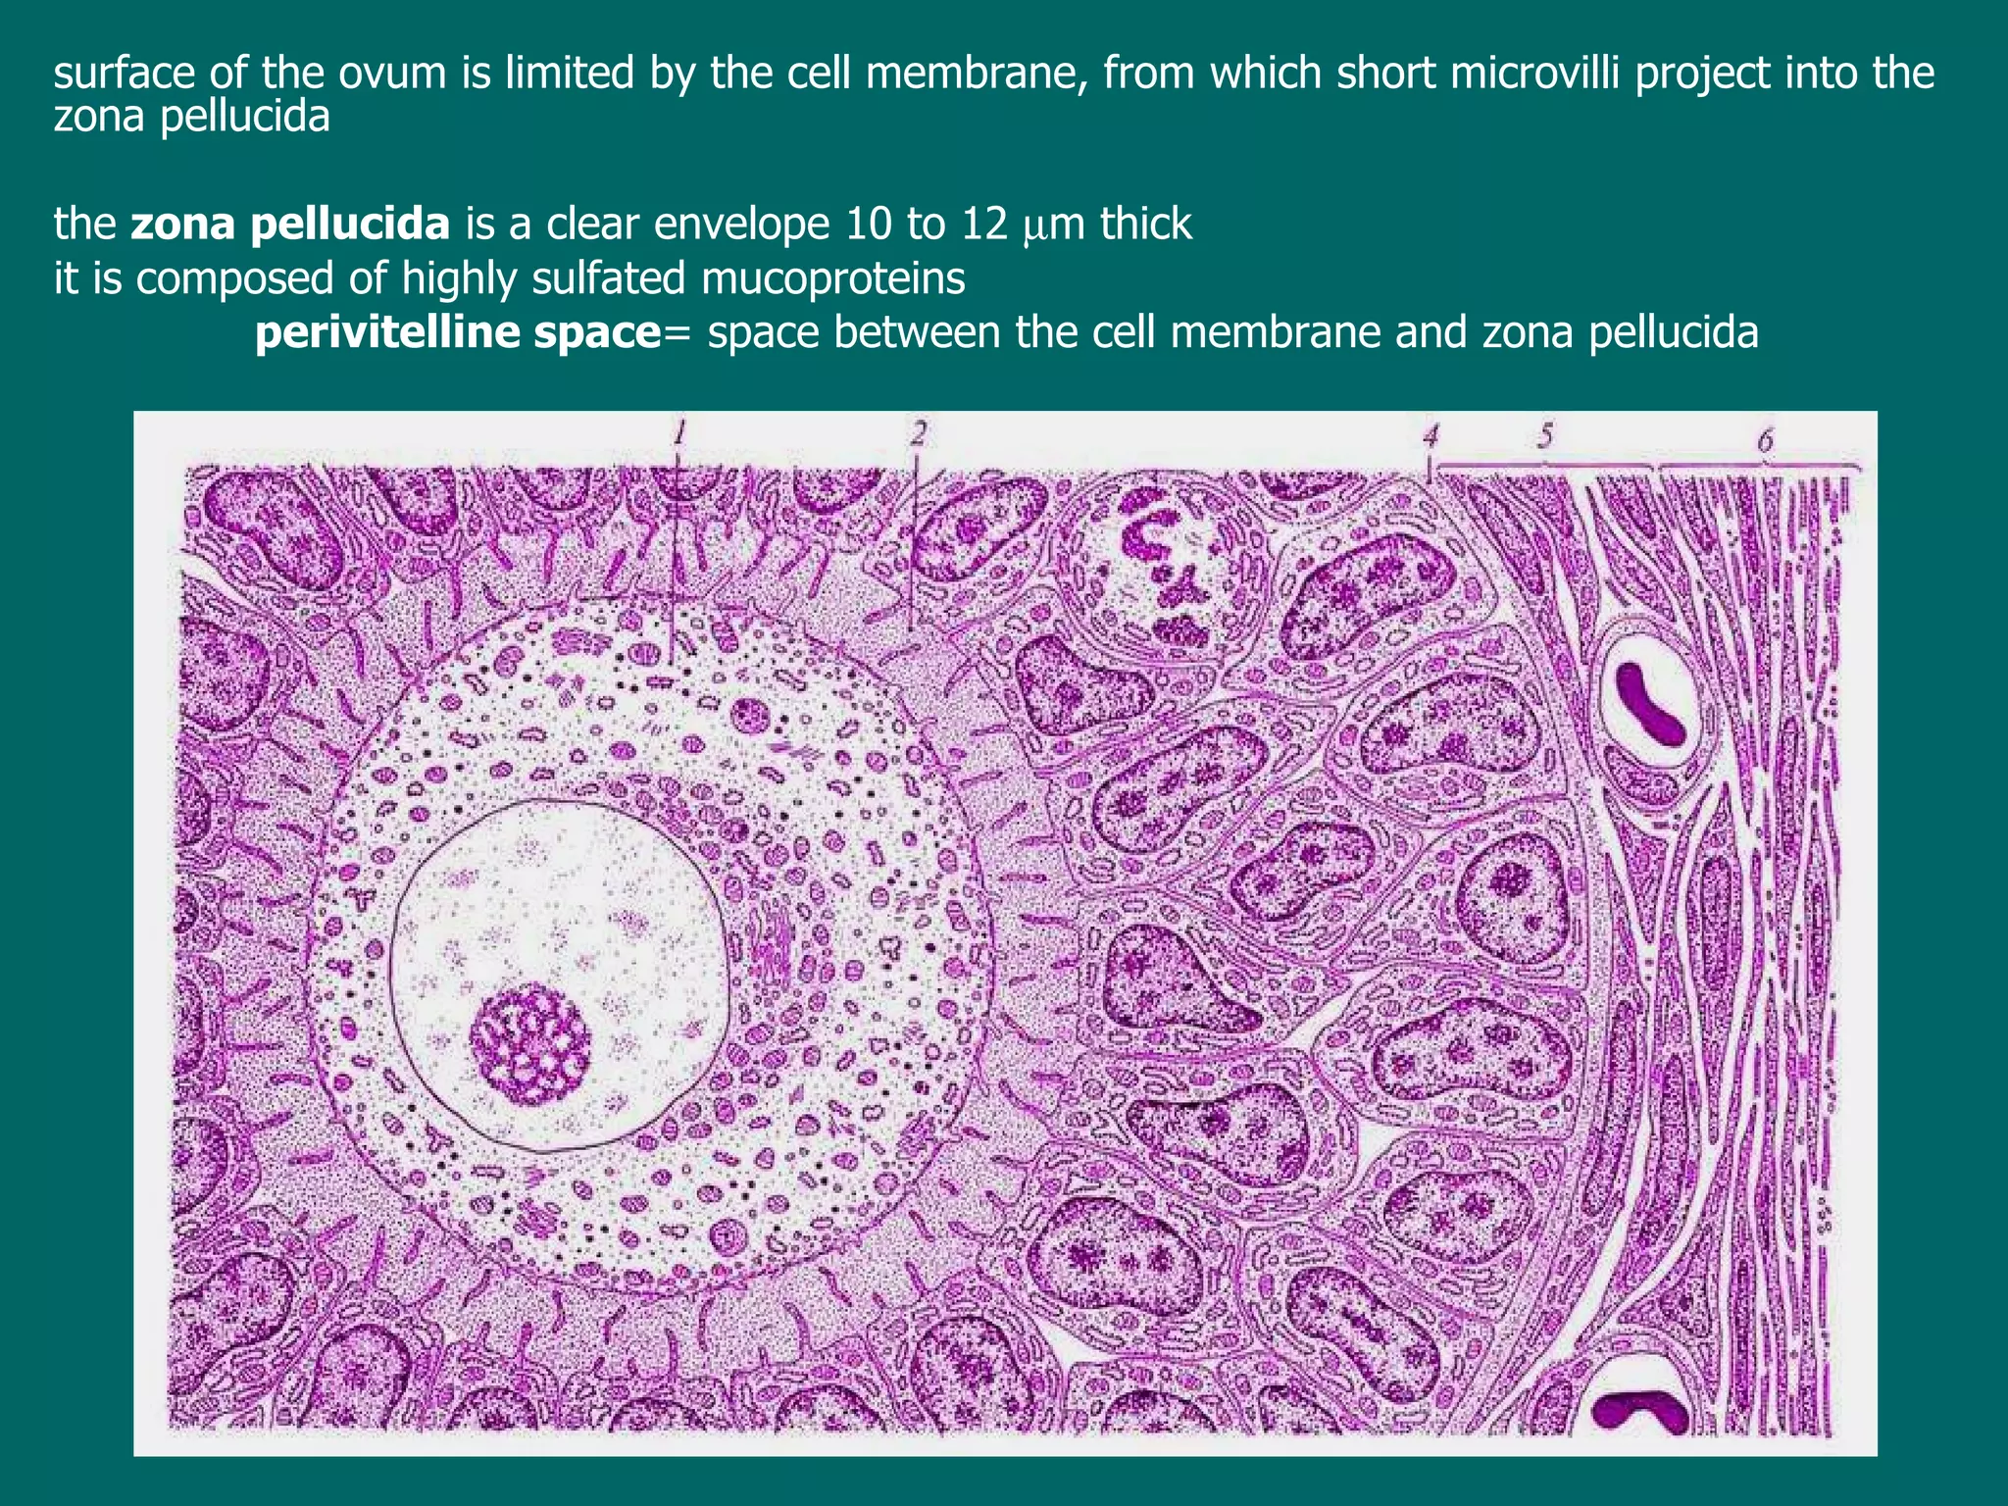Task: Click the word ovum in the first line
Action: (x=385, y=75)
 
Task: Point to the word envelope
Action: (x=741, y=225)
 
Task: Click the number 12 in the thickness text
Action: (x=984, y=225)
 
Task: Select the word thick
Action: (x=1145, y=225)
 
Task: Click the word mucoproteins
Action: (x=833, y=279)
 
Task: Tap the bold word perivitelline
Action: (x=392, y=333)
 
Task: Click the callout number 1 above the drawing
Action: (x=678, y=431)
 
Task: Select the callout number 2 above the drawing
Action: (x=918, y=431)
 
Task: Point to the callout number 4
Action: (x=1431, y=435)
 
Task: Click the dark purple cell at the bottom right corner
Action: (x=1636, y=1412)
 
